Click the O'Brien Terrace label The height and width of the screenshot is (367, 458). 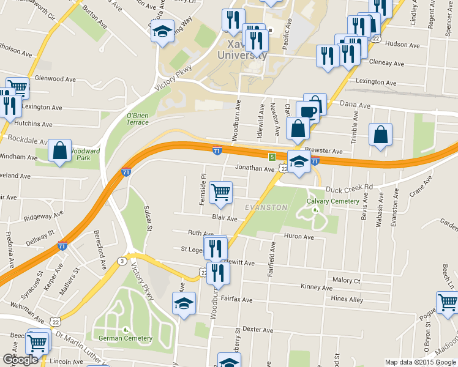(x=138, y=119)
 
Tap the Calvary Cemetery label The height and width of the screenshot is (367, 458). (x=333, y=202)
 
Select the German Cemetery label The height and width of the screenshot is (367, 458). (x=125, y=338)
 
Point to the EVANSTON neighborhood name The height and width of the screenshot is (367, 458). (x=266, y=207)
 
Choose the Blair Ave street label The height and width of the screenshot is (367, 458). (x=224, y=218)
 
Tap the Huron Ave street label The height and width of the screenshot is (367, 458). (x=298, y=237)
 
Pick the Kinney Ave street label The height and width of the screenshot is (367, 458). (x=317, y=287)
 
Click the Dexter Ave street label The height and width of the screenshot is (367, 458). (x=257, y=328)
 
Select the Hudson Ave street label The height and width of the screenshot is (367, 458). (x=402, y=45)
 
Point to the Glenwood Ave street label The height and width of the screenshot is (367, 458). (x=55, y=79)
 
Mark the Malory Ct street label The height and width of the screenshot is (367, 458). (x=346, y=280)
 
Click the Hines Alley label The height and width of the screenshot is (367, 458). (x=347, y=299)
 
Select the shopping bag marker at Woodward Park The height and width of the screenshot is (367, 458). (x=61, y=150)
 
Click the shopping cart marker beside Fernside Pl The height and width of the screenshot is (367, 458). (x=220, y=191)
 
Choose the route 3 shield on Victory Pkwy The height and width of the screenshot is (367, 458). (x=122, y=262)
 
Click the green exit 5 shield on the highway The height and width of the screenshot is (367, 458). (x=271, y=157)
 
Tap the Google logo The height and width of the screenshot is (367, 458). (x=20, y=360)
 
